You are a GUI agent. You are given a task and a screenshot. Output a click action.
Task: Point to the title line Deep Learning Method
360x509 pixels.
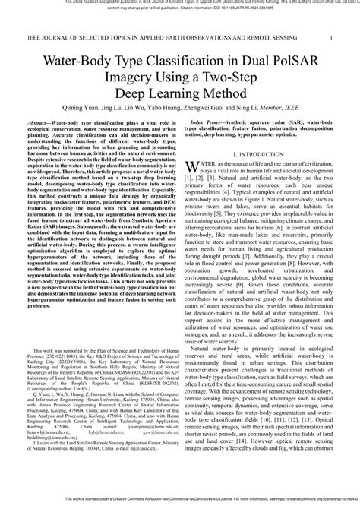[180, 90]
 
